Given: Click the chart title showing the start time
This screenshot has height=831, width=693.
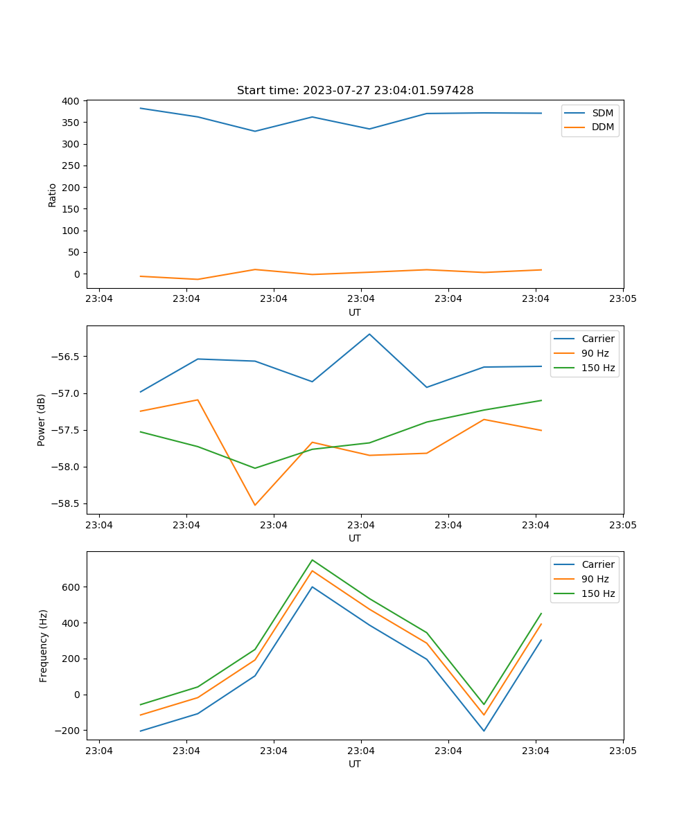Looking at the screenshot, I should [355, 91].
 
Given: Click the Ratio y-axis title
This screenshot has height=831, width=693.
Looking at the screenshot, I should [53, 195].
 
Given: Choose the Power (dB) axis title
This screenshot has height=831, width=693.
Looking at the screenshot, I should [42, 420].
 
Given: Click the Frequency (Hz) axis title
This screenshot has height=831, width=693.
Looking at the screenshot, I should [44, 645].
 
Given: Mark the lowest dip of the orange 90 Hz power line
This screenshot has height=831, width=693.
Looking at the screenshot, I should [255, 505].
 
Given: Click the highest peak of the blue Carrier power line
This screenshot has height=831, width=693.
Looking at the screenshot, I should [369, 334].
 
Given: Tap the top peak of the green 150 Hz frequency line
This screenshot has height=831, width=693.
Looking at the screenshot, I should [312, 560].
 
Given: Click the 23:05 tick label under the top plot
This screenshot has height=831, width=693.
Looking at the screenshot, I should [622, 299].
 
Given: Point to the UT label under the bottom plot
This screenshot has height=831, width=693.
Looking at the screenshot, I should [355, 764].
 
